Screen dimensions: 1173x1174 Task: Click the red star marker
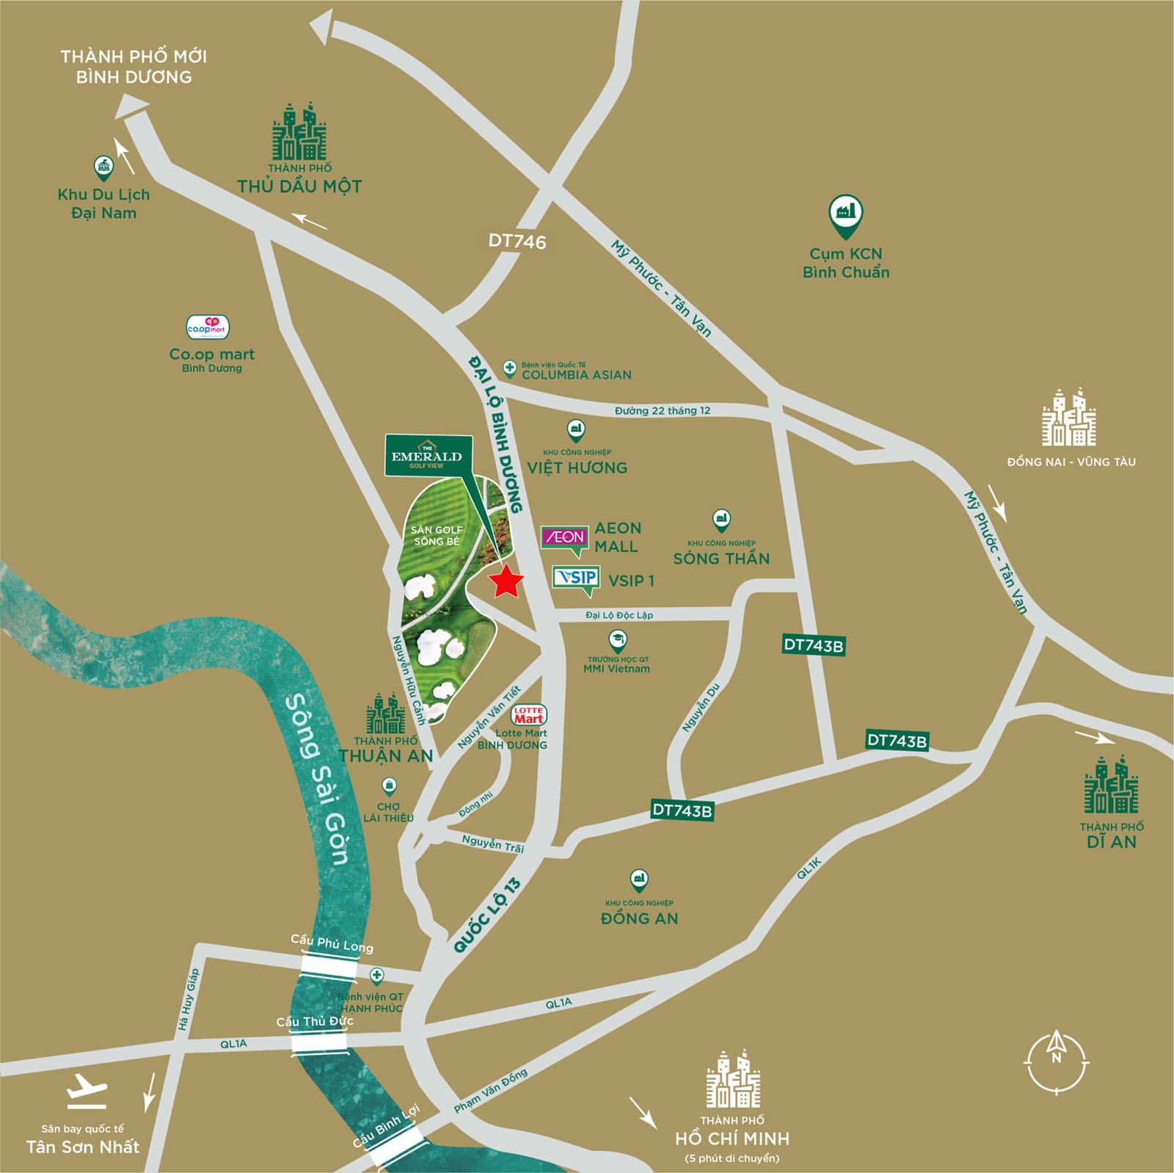point(506,583)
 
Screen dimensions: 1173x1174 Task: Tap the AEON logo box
point(564,538)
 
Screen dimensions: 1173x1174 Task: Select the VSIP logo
point(576,578)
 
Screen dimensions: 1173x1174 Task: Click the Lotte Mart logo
point(528,716)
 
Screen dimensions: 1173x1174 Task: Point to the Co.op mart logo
point(208,327)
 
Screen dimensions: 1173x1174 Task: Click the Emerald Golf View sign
point(426,456)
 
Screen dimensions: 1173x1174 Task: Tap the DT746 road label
point(517,241)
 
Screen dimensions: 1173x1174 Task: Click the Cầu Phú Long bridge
point(328,967)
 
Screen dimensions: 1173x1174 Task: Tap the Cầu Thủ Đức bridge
point(318,1042)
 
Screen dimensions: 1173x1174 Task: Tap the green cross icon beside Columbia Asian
point(509,367)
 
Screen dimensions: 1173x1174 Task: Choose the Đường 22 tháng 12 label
point(662,410)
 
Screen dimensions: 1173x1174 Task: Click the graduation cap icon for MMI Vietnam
point(618,639)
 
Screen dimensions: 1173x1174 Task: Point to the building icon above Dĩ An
point(1111,784)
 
